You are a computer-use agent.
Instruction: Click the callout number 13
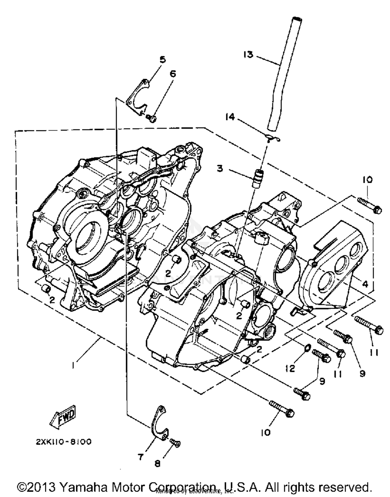(x=248, y=55)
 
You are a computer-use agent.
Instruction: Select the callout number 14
(x=230, y=117)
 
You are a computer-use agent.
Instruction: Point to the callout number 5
(x=162, y=60)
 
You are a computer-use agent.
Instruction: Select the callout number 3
(x=220, y=169)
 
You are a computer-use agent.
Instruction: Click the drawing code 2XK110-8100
(x=64, y=442)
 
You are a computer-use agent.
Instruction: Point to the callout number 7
(x=141, y=457)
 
